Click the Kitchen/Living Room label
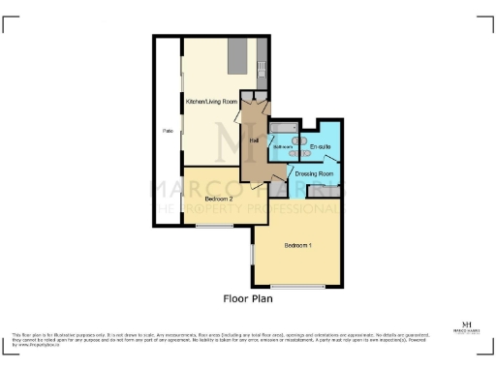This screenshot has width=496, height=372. [x=211, y=101]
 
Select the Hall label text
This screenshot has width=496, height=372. [x=254, y=141]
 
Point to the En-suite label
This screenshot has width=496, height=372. [x=321, y=146]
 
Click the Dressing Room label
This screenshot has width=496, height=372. [x=314, y=173]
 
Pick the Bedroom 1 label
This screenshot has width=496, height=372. [x=297, y=245]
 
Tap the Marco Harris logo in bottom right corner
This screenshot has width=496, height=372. [x=468, y=326]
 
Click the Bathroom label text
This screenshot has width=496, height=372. [x=282, y=147]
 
